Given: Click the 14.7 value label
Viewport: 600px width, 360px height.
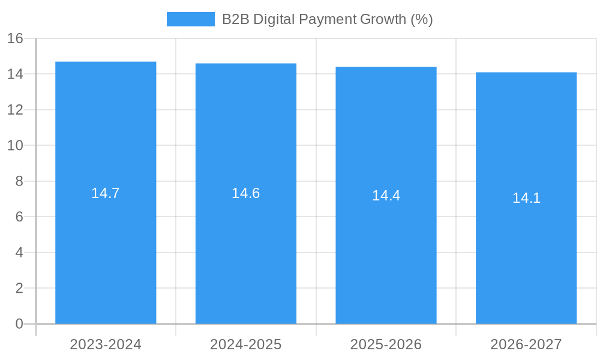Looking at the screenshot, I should (x=106, y=193).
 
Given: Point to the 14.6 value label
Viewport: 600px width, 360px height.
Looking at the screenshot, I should (x=246, y=193).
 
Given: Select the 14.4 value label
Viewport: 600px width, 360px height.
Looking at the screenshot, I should (x=386, y=196).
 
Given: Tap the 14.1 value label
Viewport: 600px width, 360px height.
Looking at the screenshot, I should (x=526, y=198).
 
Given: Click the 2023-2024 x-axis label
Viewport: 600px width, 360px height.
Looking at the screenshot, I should (x=106, y=344).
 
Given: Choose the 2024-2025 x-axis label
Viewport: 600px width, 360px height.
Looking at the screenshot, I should (x=246, y=344).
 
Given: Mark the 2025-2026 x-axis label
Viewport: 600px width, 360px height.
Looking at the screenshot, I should (x=386, y=344).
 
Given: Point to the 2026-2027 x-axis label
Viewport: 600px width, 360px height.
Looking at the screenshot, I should (x=526, y=344).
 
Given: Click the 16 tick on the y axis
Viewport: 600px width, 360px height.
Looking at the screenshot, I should (x=15, y=38).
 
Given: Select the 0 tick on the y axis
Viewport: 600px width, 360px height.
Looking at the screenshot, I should (x=19, y=324).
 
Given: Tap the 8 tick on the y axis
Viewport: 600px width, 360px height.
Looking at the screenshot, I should (x=19, y=181).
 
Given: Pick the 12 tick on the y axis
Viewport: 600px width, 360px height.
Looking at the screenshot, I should (x=15, y=110).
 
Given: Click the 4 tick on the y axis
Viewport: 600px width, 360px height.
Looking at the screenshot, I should (x=19, y=253).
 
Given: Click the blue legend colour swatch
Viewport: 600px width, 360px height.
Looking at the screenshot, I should (x=190, y=19).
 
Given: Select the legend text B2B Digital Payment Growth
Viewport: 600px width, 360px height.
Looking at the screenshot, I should (x=327, y=19).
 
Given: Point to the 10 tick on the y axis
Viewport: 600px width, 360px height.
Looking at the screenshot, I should (x=15, y=146).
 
